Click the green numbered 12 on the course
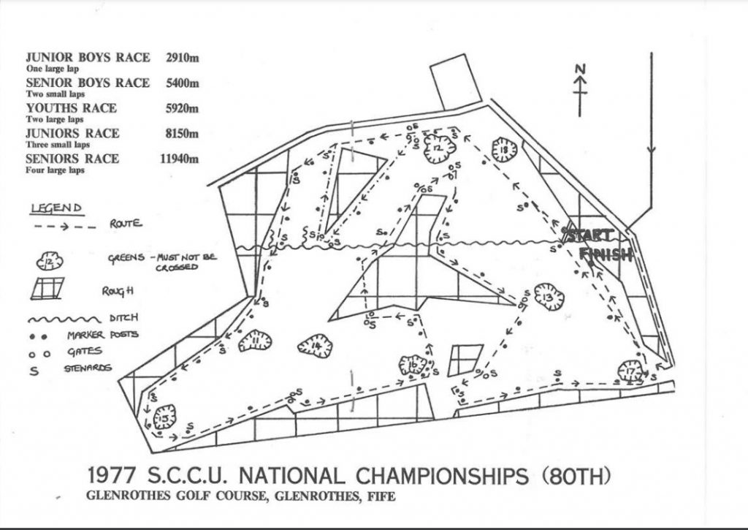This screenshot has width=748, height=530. click(x=435, y=148)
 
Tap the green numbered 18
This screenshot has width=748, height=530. click(x=505, y=151)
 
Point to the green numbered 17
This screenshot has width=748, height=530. click(x=630, y=371)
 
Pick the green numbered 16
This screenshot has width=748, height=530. click(x=413, y=364)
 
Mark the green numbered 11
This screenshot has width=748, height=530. click(x=254, y=340)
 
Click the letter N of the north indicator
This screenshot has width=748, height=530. click(x=581, y=68)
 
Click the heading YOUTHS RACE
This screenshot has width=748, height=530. click(x=71, y=108)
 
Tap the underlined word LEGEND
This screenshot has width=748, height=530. click(x=57, y=209)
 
